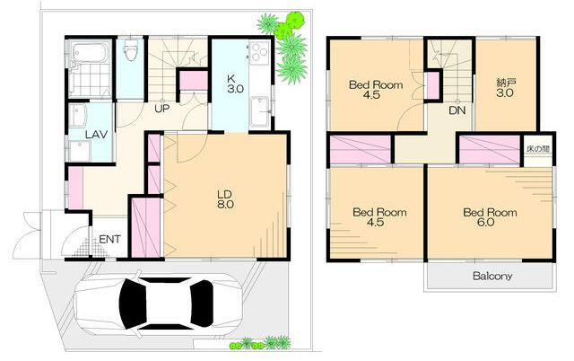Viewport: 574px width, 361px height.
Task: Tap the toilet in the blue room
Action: click(131, 50)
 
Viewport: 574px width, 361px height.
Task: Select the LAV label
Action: click(96, 134)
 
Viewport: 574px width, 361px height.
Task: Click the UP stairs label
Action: click(161, 109)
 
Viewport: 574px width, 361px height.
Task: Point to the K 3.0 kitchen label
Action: click(235, 84)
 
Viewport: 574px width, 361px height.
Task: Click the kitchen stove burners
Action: click(260, 51)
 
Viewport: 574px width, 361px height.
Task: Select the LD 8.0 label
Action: click(225, 199)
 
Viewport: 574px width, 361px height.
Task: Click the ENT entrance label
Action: click(109, 240)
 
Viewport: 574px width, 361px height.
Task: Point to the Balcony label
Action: click(492, 276)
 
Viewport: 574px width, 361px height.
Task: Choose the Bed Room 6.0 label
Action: click(490, 217)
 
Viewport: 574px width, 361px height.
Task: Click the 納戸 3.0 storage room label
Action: click(505, 88)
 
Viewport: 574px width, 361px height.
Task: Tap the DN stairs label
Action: click(457, 110)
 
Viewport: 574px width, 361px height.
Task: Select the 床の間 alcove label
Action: click(538, 149)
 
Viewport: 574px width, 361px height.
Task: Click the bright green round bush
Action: click(289, 25)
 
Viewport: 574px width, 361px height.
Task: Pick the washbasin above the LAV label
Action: click(77, 115)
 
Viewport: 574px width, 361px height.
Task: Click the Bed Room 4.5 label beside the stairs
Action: click(376, 90)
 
